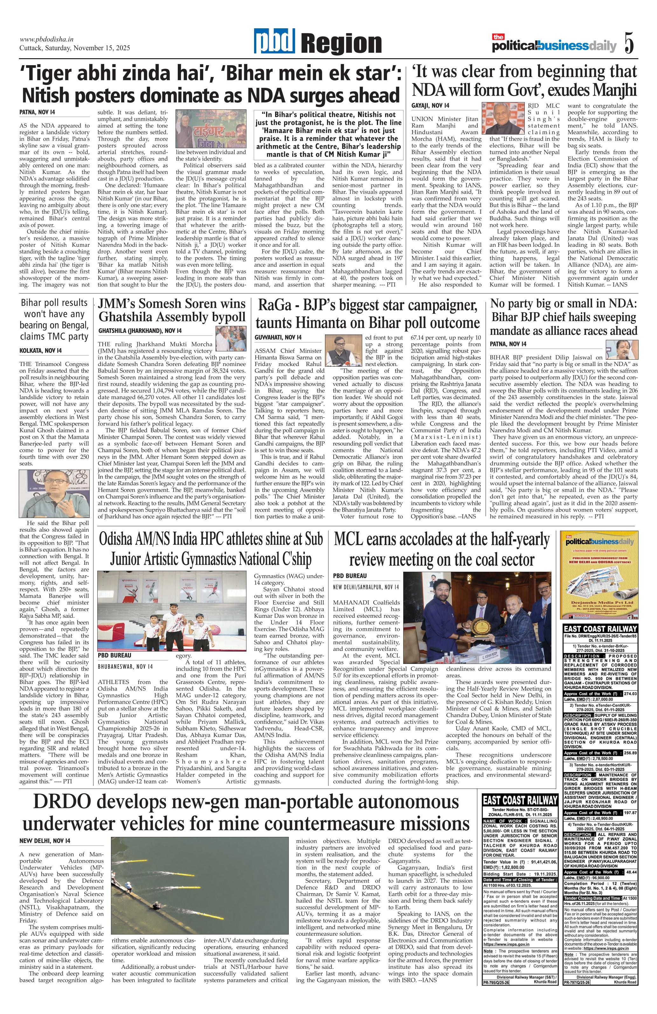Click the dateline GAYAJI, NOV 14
point(430,106)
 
